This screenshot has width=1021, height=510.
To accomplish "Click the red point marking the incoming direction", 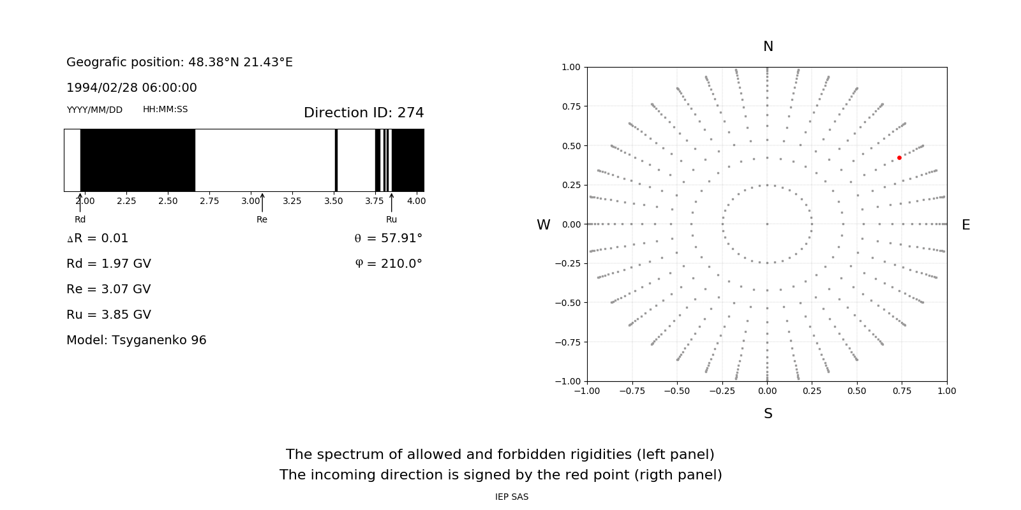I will coord(899,157).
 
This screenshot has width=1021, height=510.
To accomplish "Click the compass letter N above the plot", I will coord(768,47).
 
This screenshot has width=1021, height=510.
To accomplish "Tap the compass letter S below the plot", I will coord(768,414).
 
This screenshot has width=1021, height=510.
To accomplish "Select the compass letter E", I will coord(965,225).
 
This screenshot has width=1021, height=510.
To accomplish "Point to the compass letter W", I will coord(544,225).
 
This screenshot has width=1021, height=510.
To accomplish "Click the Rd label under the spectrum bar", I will coord(80,219).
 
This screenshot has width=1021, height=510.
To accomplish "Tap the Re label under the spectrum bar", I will coord(262,219).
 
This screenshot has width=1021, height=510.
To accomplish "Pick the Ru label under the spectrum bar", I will coord(391,219).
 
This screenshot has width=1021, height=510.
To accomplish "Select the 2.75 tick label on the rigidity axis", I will coord(209,201).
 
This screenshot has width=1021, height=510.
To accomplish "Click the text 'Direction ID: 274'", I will coord(364,113).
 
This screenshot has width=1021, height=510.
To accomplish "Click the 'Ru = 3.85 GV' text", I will coord(108,314).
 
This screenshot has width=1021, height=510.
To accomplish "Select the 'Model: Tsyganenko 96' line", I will coord(137,340).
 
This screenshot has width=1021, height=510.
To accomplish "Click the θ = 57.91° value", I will coord(388,238).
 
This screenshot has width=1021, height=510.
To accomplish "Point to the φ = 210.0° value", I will coord(388,263).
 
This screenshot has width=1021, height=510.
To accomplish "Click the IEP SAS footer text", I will coord(512,497).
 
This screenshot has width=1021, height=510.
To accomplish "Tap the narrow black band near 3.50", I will coord(336,160).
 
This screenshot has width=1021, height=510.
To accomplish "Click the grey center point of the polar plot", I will coord(767,224).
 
